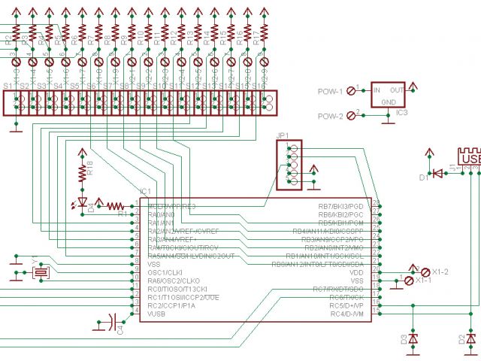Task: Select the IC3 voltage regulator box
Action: point(391,96)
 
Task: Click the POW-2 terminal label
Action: point(330,117)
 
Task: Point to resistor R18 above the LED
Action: point(83,172)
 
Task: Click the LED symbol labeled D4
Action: point(83,204)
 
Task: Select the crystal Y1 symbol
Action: point(41,272)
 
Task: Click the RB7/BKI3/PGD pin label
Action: point(341,205)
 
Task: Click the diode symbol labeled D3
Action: point(413,338)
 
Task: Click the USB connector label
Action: point(470,160)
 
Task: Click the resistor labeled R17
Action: point(263,38)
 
